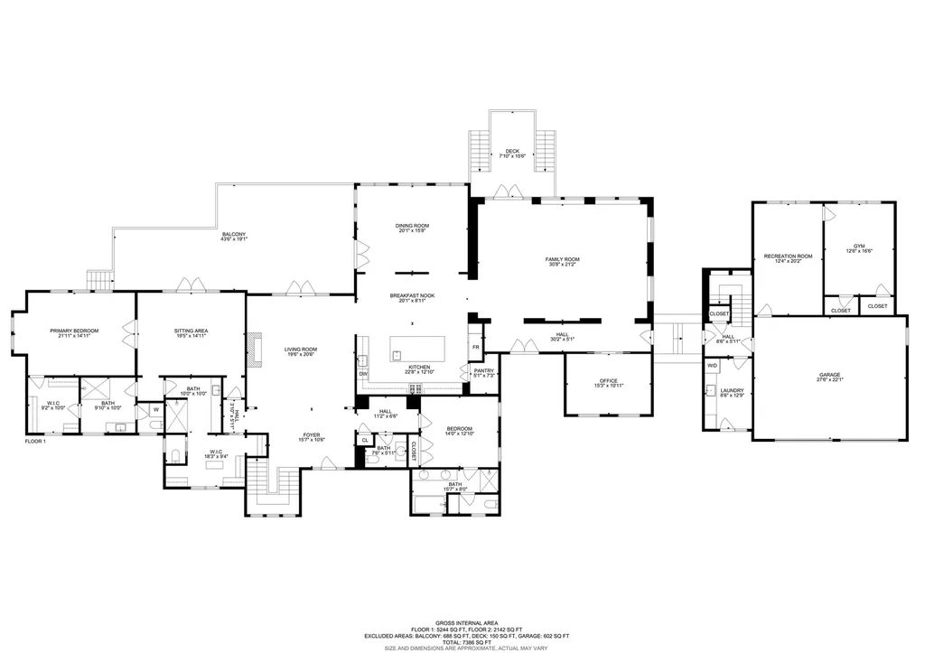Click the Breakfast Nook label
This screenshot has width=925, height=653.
[x=412, y=298]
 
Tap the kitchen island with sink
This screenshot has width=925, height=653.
[x=418, y=348]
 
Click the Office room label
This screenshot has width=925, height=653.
[x=607, y=382]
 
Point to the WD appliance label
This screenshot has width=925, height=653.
[x=713, y=366]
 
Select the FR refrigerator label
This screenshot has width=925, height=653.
[x=475, y=348]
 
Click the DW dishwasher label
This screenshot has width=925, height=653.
[x=363, y=374]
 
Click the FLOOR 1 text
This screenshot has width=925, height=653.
[x=35, y=442]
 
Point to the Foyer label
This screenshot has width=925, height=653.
[x=312, y=437]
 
